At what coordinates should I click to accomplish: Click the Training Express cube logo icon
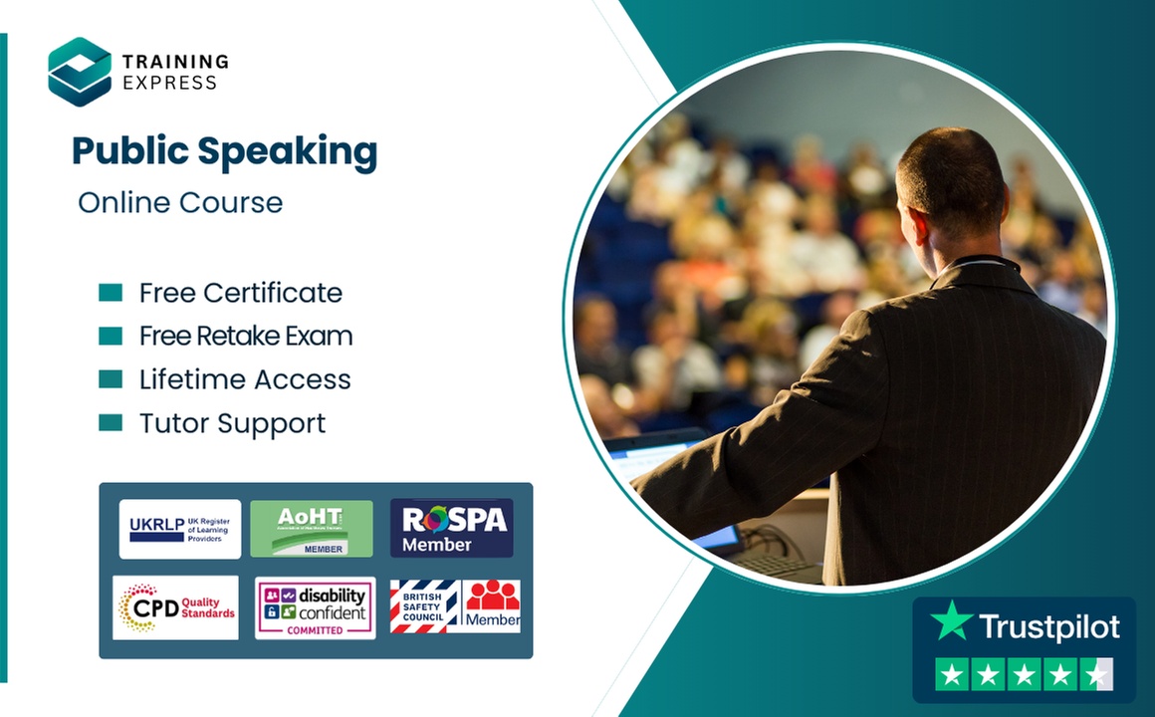(80, 72)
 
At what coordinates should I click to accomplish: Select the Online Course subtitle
(180, 203)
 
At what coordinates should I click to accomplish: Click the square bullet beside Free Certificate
(111, 293)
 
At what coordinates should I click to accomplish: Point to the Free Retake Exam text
(245, 337)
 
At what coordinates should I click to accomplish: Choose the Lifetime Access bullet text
(245, 379)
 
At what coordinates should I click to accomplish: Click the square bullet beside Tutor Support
(111, 423)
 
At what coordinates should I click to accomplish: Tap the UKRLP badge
(180, 529)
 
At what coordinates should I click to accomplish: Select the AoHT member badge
(312, 529)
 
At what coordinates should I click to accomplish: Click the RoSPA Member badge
(451, 529)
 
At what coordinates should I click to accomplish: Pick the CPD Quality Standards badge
(176, 607)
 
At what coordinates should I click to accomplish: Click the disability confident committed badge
(315, 607)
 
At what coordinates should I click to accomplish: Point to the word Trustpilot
(1048, 626)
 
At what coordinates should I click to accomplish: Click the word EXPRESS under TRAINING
(169, 83)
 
